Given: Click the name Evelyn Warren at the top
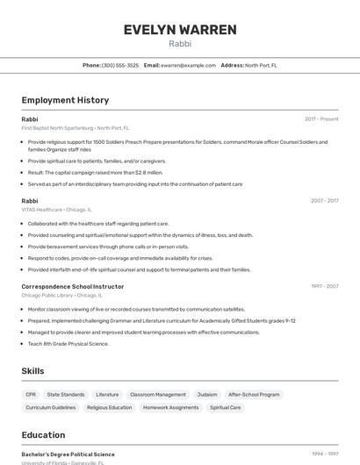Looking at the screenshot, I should click(180, 30).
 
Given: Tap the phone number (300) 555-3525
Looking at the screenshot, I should click(120, 65).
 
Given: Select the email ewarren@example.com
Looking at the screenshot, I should click(188, 65).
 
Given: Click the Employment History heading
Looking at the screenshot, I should click(65, 100).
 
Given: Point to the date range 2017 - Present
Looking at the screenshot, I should click(321, 118).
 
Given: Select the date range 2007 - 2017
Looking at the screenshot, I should click(324, 201).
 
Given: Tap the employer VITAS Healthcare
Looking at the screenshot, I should click(41, 210).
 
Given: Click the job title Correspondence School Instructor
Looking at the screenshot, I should click(73, 286).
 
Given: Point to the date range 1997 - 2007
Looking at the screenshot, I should click(324, 286).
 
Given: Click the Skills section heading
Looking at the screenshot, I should click(32, 371).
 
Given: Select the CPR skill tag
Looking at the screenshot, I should click(31, 395).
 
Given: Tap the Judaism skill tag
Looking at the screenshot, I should click(207, 395).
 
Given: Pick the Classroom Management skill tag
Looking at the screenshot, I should click(158, 395).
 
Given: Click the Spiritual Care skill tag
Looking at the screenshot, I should click(225, 407).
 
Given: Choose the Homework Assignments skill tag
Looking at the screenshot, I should click(171, 407).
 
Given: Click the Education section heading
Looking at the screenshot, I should click(43, 434).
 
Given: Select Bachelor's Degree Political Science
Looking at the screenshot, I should click(68, 454).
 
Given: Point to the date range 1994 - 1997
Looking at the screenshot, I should click(324, 454).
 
